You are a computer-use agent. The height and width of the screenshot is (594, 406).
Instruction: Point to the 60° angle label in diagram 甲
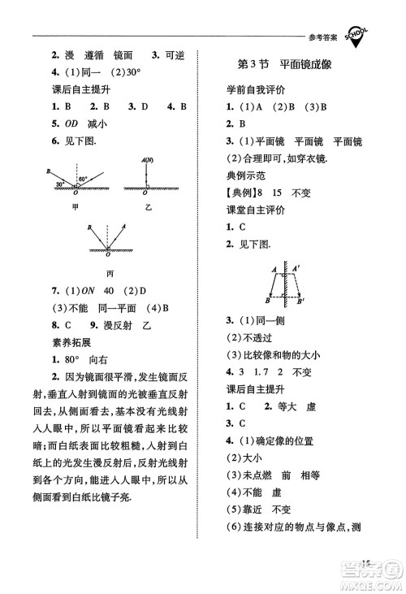pyautogui.click(x=82, y=178)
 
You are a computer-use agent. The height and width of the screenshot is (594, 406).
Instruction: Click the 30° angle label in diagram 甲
pyautogui.click(x=60, y=184)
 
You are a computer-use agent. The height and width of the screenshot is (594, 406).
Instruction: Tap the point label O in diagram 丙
pyautogui.click(x=110, y=256)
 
